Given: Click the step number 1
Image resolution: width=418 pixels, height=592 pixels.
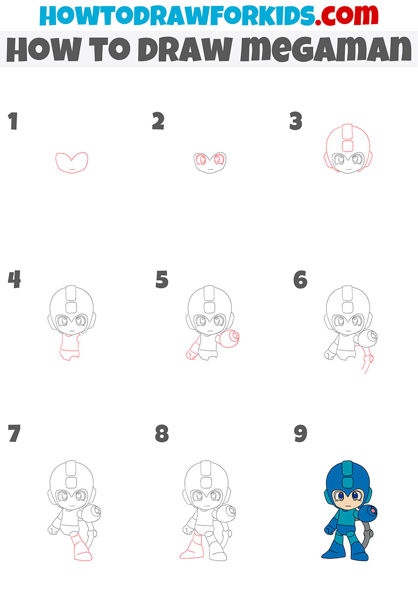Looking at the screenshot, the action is coord(13,121).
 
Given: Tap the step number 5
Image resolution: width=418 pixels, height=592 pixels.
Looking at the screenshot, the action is coord(162,279).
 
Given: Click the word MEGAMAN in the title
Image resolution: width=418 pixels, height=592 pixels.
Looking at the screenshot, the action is coord(326,49).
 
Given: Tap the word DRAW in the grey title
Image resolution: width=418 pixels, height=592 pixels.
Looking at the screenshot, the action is coord(185,49).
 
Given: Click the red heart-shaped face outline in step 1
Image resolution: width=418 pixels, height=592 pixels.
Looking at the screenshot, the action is coord(72,163).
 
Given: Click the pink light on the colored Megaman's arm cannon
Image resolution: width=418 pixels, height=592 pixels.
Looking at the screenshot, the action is coord(373,511).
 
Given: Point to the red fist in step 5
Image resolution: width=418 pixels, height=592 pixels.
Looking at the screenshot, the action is coord(191,355).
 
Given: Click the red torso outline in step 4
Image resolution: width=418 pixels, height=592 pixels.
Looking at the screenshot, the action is coord(70,346).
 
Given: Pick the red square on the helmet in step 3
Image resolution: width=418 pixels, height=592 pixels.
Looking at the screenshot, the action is coord(348,146).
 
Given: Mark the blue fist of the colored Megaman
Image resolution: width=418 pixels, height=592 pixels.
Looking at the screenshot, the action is coord(329,529).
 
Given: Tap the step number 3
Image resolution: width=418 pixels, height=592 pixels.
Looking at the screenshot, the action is coord(296,121).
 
